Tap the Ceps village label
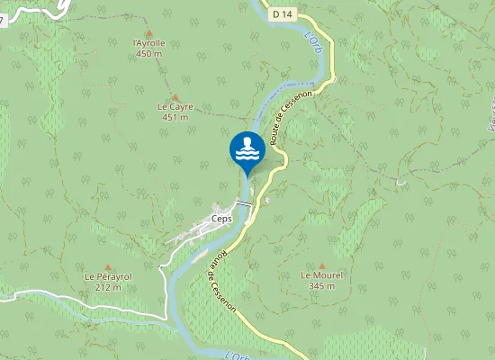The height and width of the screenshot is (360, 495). (x=220, y=218)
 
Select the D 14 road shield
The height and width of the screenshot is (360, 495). (x=283, y=13)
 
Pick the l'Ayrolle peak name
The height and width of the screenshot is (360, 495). (x=149, y=42)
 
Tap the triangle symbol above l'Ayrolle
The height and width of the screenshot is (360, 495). (x=149, y=31)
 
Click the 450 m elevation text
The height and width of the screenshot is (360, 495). (x=149, y=53)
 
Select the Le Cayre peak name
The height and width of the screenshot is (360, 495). (x=175, y=106)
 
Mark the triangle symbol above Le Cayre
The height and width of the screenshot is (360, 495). (x=175, y=96)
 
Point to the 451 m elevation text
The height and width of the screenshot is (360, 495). (x=175, y=117)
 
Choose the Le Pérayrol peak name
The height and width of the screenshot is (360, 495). (x=108, y=276)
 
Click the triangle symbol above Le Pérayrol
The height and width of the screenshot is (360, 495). (x=108, y=266)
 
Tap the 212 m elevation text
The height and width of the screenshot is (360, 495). (x=108, y=287)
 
